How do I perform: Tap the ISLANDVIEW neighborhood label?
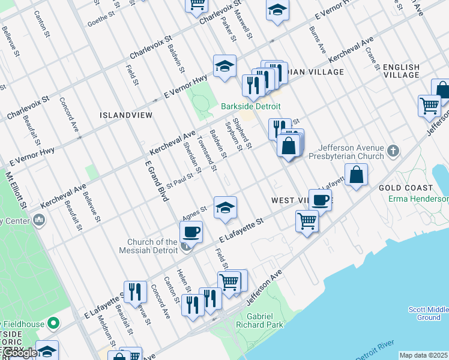coord(126,114)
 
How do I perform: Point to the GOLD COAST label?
coord(406,188)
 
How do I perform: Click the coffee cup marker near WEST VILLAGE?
coord(320,200)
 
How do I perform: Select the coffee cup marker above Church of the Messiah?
coord(191,231)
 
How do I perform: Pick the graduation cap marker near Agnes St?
coord(224,208)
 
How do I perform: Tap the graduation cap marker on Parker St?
coord(224,66)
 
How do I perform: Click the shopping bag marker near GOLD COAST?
coord(356,175)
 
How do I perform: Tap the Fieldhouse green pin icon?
coord(53,324)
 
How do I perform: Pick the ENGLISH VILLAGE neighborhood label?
coord(401,71)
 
